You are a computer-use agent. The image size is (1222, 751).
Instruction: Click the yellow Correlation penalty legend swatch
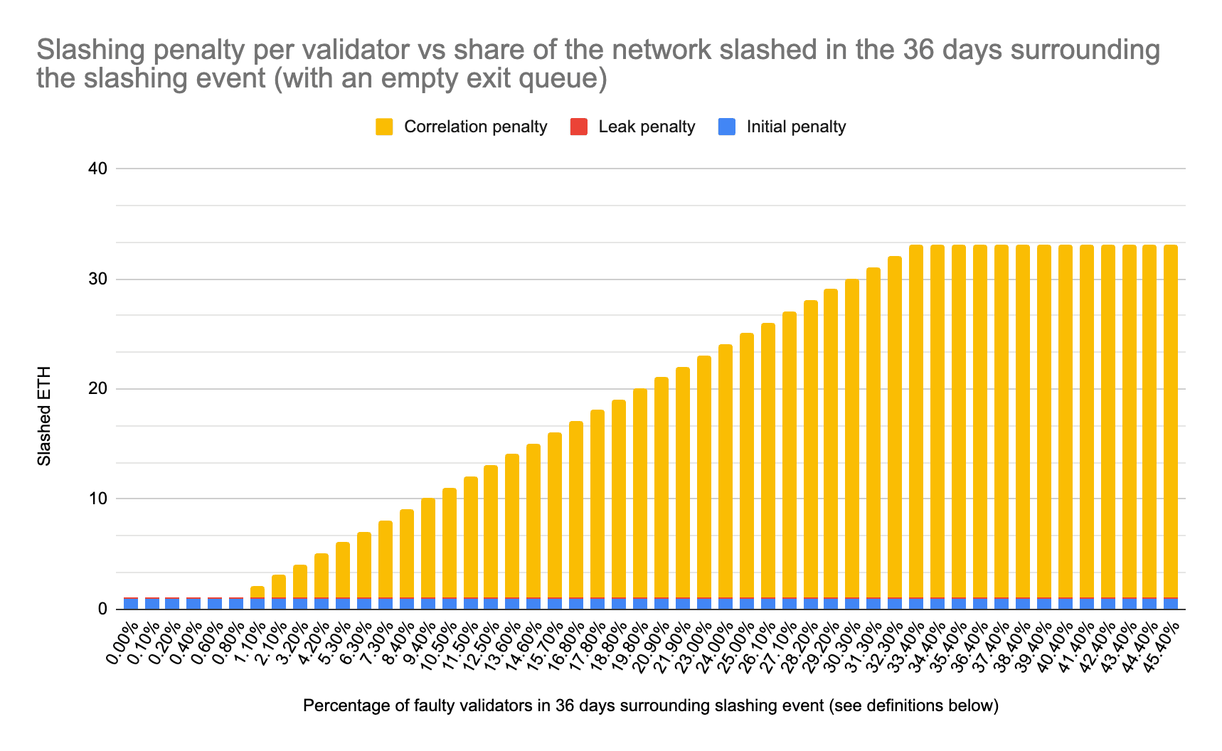[x=384, y=127]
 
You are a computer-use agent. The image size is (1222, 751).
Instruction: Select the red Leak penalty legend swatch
[x=579, y=127]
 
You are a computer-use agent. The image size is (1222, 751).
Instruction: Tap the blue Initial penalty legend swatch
[x=727, y=127]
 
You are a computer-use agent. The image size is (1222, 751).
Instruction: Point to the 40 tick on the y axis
[x=98, y=169]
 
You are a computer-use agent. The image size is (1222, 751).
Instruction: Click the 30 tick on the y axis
[x=98, y=279]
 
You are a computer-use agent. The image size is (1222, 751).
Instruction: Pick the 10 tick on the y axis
[x=98, y=499]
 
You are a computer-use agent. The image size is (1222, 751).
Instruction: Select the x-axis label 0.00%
[x=122, y=644]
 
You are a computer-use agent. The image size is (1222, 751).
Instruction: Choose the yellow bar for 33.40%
[x=916, y=420]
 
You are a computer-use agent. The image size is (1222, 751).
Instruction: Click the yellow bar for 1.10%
[x=257, y=592]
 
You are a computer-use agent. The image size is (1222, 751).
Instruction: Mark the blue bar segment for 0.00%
[x=131, y=604]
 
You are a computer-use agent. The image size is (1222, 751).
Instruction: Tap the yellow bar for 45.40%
[x=1171, y=420]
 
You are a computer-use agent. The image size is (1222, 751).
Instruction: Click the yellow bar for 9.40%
[x=428, y=548]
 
